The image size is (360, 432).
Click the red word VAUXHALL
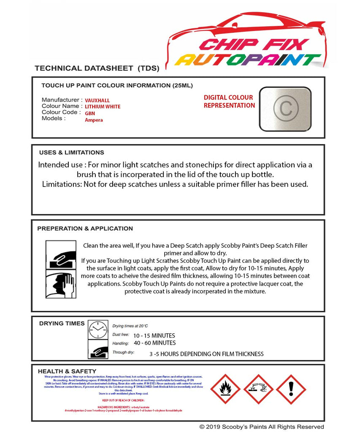(97, 100)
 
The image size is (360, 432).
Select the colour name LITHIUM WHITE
(103, 107)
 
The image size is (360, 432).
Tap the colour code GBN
(90, 113)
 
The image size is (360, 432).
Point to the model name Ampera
(94, 120)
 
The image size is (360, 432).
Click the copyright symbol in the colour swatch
(285, 108)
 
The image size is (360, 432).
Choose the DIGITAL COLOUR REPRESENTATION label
(229, 101)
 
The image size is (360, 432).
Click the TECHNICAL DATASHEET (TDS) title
(97, 68)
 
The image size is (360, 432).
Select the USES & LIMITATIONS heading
(71, 152)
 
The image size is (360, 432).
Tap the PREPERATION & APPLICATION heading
(85, 228)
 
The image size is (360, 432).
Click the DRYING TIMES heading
(62, 324)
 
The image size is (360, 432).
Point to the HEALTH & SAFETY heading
(67, 371)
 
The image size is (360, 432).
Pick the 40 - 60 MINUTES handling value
(154, 343)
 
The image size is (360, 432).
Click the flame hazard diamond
(225, 389)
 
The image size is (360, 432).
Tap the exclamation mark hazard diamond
(291, 389)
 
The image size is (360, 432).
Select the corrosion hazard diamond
(258, 389)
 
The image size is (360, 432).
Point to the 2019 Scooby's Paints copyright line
(262, 427)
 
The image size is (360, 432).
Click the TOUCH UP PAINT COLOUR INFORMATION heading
(117, 85)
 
